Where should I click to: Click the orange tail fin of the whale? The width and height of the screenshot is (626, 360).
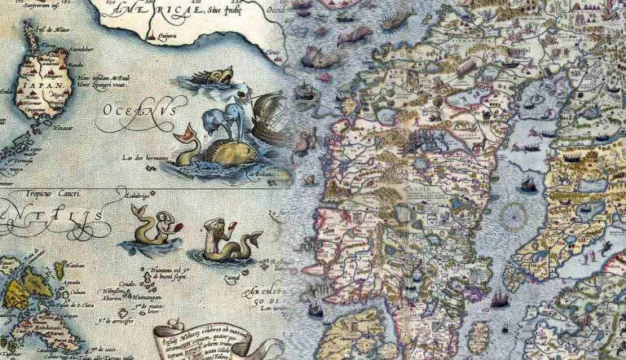pyautogui.click(x=187, y=134)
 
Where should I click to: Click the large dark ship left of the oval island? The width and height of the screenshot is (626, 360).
pyautogui.click(x=500, y=298)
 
